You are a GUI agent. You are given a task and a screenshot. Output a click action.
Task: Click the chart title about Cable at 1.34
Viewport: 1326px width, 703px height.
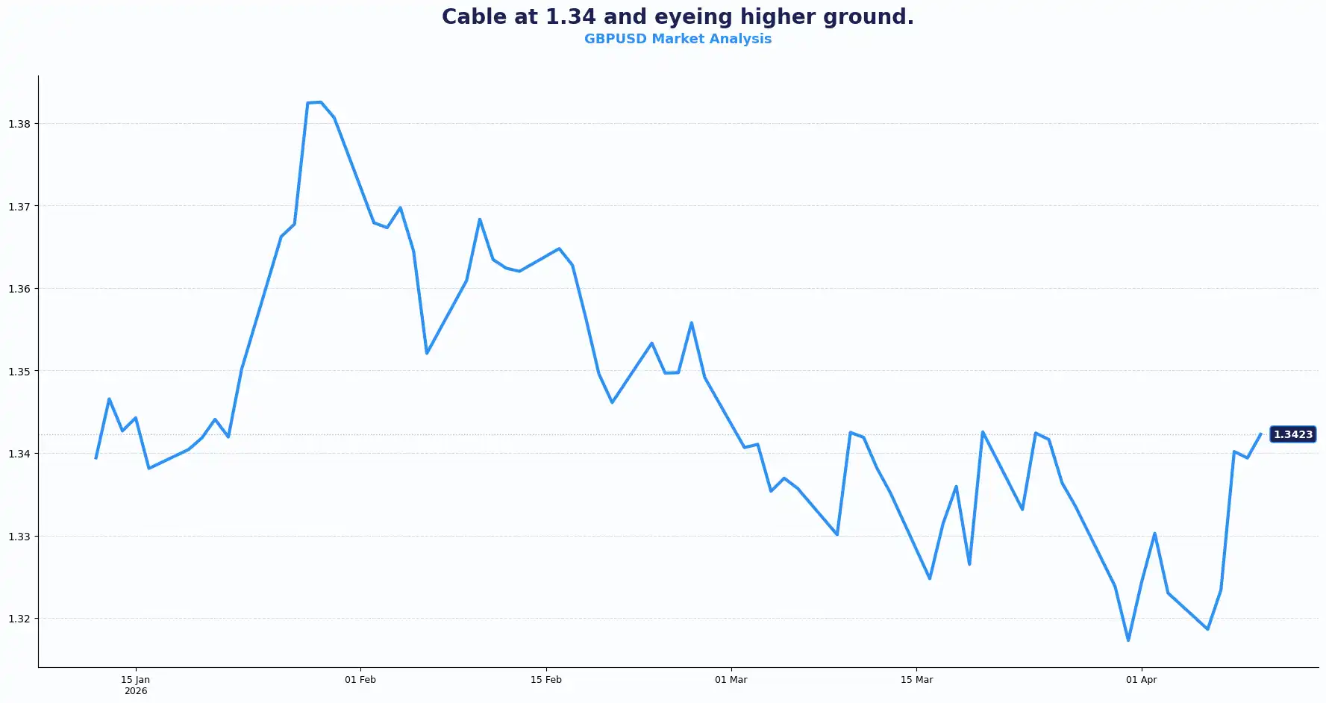pos(678,16)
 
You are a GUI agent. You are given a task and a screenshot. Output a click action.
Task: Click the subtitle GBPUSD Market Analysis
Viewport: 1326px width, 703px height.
pos(678,39)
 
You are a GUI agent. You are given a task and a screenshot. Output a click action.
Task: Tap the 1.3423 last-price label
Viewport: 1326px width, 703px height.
pos(1292,434)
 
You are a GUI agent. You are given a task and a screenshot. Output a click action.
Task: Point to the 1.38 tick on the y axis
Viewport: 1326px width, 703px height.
pos(19,124)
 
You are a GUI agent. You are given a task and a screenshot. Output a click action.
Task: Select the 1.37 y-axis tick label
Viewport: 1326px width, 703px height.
pos(19,207)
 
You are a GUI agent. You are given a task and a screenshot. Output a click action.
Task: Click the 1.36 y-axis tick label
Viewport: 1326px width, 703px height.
pos(19,289)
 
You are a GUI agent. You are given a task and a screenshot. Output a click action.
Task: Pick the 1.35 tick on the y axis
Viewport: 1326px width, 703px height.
pos(19,372)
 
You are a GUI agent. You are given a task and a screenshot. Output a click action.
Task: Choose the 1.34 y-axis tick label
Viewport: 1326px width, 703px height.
pos(19,454)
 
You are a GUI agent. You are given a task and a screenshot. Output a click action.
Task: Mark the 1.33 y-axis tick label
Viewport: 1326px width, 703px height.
pos(19,537)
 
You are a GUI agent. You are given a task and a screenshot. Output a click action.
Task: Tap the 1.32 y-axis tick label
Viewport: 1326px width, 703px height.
pos(19,619)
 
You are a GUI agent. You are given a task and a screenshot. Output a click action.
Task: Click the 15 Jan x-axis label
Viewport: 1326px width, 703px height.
pos(136,680)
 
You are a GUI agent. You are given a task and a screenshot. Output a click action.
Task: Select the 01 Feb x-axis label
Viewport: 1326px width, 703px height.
pos(360,680)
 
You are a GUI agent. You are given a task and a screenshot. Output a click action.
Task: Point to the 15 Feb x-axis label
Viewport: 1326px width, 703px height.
pos(546,680)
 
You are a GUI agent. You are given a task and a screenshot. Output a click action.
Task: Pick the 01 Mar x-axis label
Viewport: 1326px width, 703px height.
pos(731,680)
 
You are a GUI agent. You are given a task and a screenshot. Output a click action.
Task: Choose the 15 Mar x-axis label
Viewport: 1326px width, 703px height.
pos(916,680)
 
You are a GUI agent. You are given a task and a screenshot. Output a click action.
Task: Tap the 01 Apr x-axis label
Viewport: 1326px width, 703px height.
pos(1141,680)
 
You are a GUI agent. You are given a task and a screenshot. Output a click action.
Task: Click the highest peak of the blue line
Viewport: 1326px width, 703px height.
pos(321,102)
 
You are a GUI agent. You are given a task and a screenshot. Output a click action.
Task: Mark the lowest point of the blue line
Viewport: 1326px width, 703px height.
pos(1128,640)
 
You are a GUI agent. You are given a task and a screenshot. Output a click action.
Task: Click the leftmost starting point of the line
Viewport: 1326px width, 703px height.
pos(96,457)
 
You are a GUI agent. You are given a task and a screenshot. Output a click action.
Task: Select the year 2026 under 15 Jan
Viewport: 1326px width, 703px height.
pos(136,691)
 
